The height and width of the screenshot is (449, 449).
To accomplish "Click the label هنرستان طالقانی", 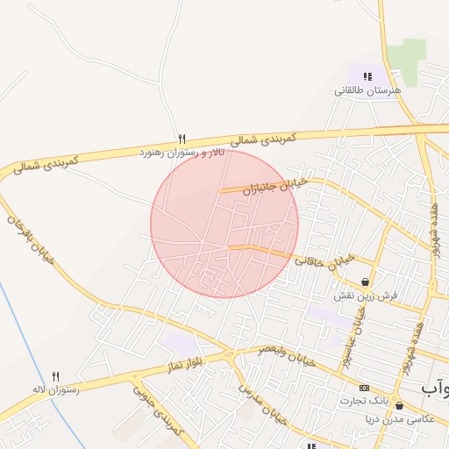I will [x=367, y=90].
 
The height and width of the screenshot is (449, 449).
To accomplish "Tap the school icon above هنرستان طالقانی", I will [x=367, y=76].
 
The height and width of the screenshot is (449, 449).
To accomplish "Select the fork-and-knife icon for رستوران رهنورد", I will [x=182, y=139].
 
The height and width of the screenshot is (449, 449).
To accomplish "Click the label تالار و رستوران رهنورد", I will [x=182, y=153].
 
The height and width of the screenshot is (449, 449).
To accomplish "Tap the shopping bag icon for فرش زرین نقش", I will [x=365, y=282].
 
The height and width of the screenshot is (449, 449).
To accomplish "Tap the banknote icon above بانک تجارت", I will [x=364, y=388].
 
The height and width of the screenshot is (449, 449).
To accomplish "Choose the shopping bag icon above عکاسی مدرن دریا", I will [x=400, y=405].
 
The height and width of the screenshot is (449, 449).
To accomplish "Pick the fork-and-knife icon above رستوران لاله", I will [x=56, y=374].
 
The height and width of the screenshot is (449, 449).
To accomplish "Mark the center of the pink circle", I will [x=224, y=224].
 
